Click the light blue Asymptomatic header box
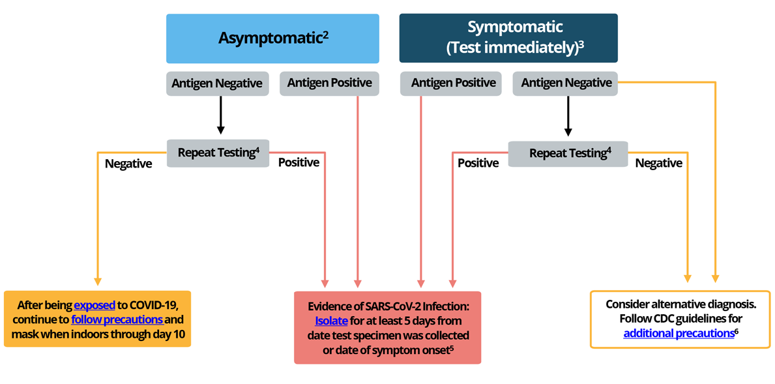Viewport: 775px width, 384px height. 272,38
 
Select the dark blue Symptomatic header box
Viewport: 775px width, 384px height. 508,38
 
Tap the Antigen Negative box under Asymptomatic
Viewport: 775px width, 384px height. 217,83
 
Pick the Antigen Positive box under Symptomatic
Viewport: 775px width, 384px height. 448,83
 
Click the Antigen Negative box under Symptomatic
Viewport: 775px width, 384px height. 566,83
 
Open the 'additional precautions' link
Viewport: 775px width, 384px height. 679,333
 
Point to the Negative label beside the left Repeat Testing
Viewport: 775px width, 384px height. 128,164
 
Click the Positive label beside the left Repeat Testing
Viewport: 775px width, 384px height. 299,162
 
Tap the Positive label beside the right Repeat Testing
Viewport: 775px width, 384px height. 478,163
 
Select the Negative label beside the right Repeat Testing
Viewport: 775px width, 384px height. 658,163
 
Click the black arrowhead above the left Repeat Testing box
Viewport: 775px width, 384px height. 221,130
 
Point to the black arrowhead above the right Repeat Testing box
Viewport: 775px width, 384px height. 568,132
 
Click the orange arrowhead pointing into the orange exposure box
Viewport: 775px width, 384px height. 97,280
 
